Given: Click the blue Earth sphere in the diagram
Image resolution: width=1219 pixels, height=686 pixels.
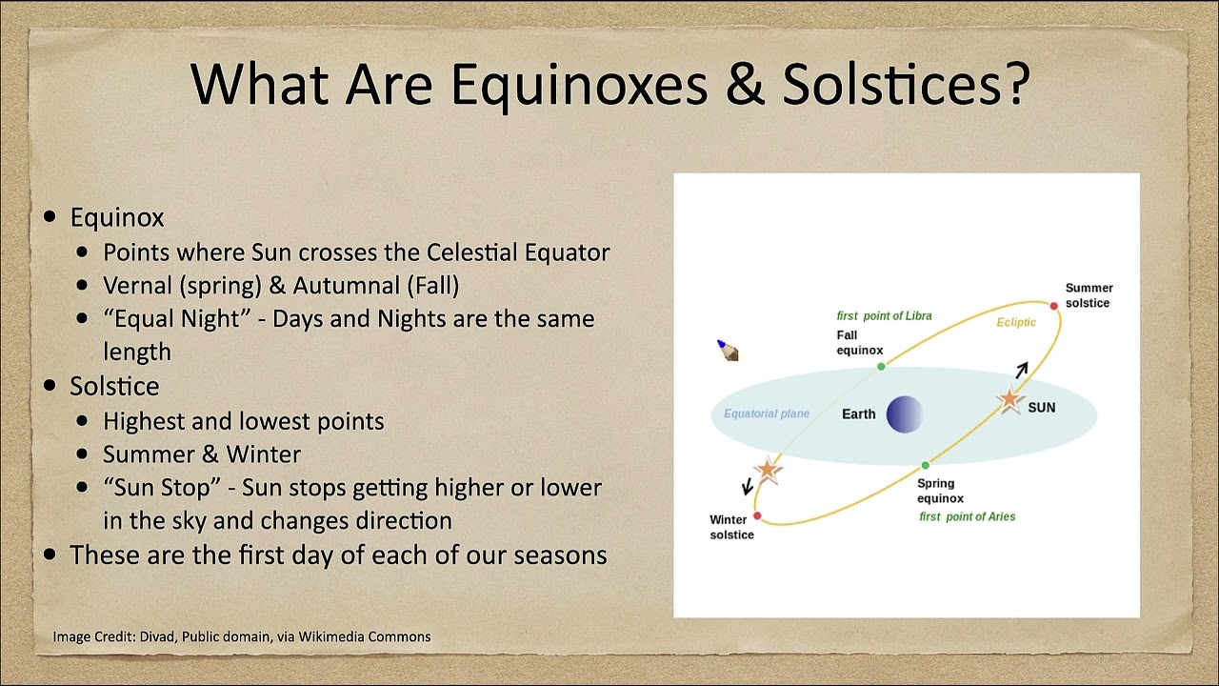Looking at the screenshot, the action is click(905, 414).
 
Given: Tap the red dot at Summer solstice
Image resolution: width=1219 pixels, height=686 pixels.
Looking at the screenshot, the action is click(1053, 306).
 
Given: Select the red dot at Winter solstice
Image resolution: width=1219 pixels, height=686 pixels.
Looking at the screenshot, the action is click(757, 515).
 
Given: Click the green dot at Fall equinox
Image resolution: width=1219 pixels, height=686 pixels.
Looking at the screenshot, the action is click(881, 367).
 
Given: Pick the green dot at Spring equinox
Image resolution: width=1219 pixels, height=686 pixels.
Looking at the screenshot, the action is click(925, 466).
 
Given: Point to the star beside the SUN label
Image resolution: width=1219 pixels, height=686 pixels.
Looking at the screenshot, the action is click(1010, 399).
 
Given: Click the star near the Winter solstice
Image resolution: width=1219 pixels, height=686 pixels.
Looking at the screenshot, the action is click(768, 470).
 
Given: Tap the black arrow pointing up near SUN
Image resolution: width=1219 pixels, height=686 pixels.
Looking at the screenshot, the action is click(1022, 370).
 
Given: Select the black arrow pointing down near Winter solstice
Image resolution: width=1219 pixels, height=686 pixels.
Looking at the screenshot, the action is click(748, 486).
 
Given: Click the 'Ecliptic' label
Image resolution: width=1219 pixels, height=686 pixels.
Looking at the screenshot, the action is click(1016, 322).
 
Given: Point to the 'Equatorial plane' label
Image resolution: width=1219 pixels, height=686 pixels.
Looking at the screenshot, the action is click(767, 414).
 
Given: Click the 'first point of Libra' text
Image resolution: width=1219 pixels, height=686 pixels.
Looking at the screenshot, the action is click(884, 315).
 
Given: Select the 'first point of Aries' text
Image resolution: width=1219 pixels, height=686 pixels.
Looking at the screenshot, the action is click(967, 516).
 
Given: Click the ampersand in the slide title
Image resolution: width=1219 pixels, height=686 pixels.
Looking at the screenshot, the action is click(746, 85).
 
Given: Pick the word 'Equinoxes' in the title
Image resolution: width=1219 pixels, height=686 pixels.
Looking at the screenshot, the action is click(579, 86).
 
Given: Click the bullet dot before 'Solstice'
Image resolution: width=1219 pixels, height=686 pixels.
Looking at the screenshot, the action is click(50, 386).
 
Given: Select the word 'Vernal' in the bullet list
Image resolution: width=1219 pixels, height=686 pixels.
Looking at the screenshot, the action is click(138, 285).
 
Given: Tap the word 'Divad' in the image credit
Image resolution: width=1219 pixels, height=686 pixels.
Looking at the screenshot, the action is click(158, 636).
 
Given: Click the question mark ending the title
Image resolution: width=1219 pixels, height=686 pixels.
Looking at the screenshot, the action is click(1017, 83).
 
